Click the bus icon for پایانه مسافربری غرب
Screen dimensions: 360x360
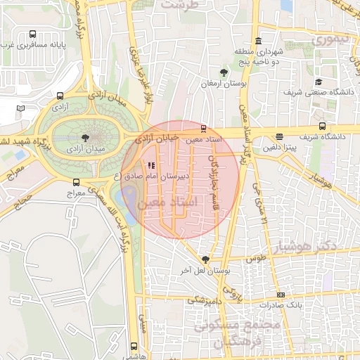click(x=33, y=34)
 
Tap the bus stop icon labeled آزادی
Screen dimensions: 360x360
click(x=60, y=96)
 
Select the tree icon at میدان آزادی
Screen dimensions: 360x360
click(x=86, y=137)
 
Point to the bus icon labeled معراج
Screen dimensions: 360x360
click(x=76, y=181)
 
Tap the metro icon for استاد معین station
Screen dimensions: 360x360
click(x=203, y=129)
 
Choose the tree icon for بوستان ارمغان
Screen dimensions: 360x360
click(x=224, y=72)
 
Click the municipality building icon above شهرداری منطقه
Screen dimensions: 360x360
click(x=259, y=39)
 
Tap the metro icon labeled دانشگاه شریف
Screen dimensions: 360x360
click(x=281, y=136)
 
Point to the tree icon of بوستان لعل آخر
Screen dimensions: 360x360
click(x=205, y=259)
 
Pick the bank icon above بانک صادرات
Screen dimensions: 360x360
click(x=281, y=295)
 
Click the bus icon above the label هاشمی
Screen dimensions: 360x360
click(x=134, y=346)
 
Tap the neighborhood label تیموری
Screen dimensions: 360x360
click(x=330, y=39)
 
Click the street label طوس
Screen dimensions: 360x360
click(x=255, y=258)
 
